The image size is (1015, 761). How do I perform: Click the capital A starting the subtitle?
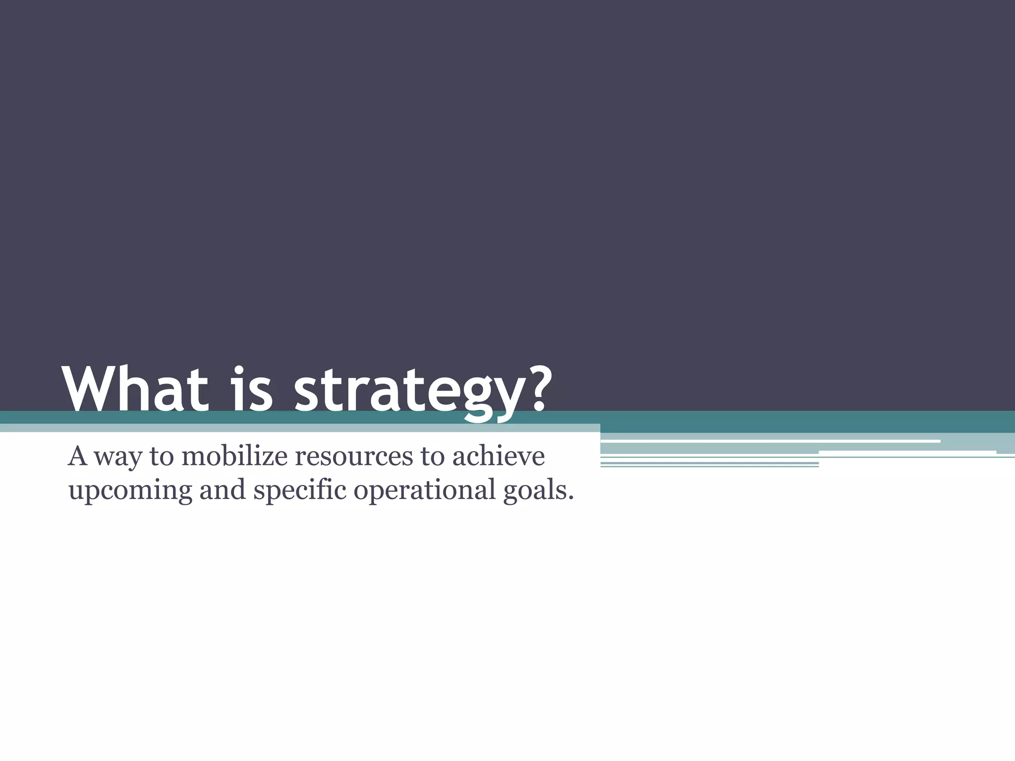[77, 456]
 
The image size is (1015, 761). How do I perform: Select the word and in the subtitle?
[223, 489]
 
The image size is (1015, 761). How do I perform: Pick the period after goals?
[571, 497]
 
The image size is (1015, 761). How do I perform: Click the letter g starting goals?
[511, 493]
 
